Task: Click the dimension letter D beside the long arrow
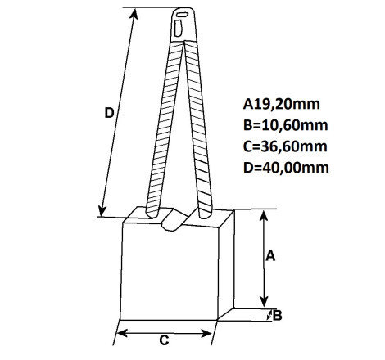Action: click(109, 113)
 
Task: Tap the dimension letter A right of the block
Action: click(270, 256)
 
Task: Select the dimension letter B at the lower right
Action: click(278, 316)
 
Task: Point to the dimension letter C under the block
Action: click(164, 340)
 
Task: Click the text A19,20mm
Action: click(281, 104)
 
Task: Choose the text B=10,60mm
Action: click(285, 125)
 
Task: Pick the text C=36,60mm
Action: click(285, 146)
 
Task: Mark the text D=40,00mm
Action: click(286, 168)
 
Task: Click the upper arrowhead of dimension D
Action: click(134, 14)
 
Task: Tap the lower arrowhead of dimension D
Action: click(102, 210)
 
